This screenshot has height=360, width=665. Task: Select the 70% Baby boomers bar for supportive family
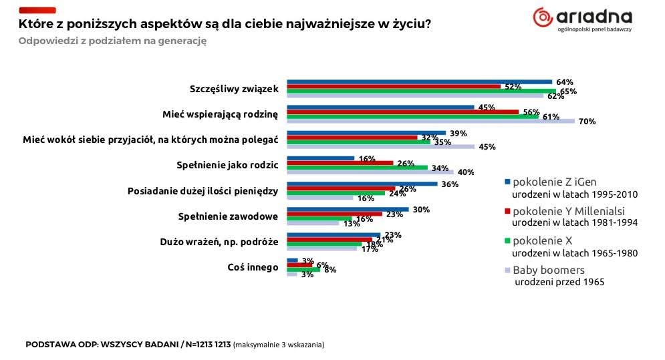[430, 121]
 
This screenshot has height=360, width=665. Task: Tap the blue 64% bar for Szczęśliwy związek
[419, 81]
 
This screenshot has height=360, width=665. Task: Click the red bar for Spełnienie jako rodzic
[340, 162]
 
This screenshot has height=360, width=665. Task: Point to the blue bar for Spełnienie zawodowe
[348, 209]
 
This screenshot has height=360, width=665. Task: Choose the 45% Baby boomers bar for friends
[380, 146]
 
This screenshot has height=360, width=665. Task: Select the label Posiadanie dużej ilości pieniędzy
[203, 191]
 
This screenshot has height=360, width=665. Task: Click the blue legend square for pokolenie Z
[508, 182]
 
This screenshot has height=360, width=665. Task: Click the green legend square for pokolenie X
[508, 240]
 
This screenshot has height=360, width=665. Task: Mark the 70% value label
[587, 122]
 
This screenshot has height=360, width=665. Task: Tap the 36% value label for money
[449, 184]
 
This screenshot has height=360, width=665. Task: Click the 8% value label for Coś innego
[329, 269]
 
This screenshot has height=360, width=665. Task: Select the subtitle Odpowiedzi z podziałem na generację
[112, 40]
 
